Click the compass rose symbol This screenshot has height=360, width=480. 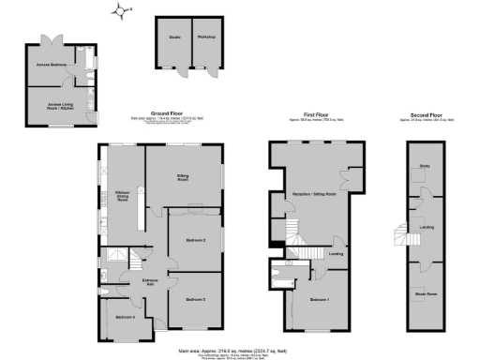(122, 10)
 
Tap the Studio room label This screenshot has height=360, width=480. (174, 37)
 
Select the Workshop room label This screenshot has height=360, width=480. (206, 37)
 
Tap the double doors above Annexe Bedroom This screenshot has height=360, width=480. (49, 38)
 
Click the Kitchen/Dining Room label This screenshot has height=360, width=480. (122, 197)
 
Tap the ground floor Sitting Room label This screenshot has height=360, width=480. (185, 177)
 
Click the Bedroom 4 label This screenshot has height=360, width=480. (125, 318)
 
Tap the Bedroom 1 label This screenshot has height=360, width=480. (319, 300)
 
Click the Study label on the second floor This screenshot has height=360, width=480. (425, 166)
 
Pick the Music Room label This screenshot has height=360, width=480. (425, 293)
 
